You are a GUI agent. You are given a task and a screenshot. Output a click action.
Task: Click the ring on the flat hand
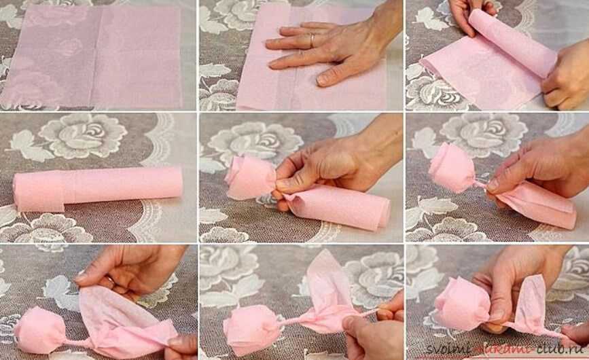(x=312, y=40)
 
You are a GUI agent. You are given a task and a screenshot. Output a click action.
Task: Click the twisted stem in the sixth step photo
(x=480, y=185)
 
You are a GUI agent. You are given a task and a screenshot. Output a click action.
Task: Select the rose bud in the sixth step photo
(x=452, y=167)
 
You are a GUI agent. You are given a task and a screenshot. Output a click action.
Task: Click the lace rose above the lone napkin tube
(x=84, y=134)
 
